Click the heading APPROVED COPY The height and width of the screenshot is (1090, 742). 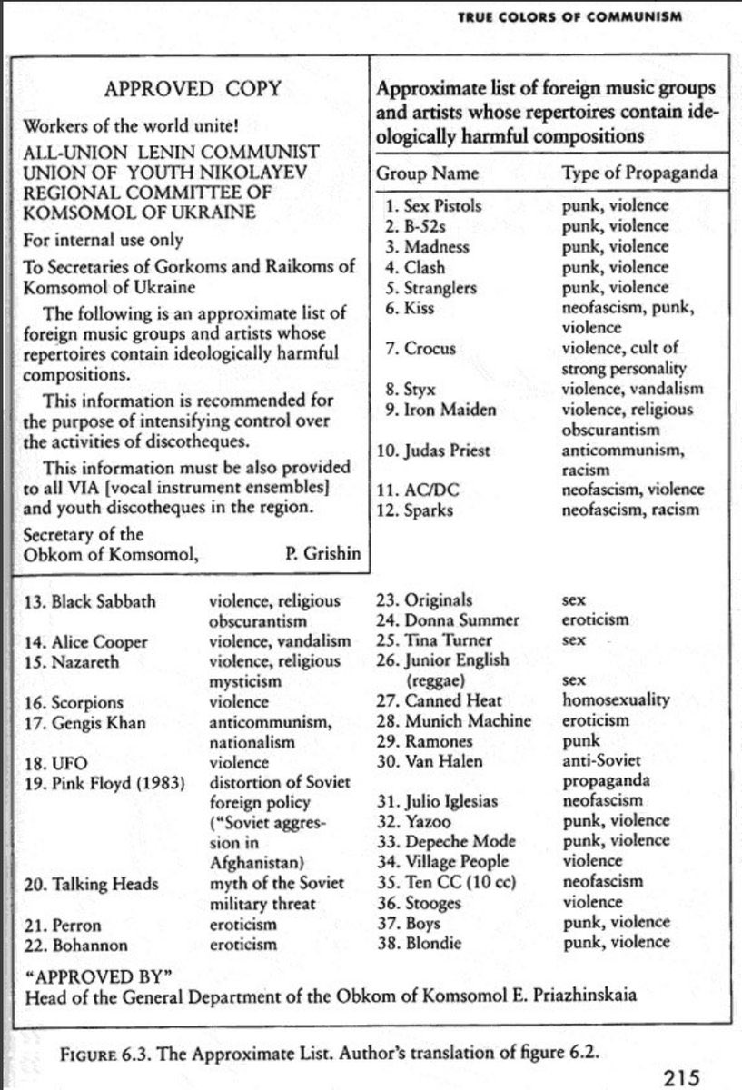pos(193,88)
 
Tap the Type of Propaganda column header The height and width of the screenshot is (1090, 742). pos(628,173)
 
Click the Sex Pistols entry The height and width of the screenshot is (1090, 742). pos(432,205)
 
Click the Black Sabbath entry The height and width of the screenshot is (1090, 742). pos(88,601)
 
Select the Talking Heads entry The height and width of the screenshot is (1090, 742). pos(92,884)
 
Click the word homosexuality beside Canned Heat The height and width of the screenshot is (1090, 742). pos(616,700)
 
